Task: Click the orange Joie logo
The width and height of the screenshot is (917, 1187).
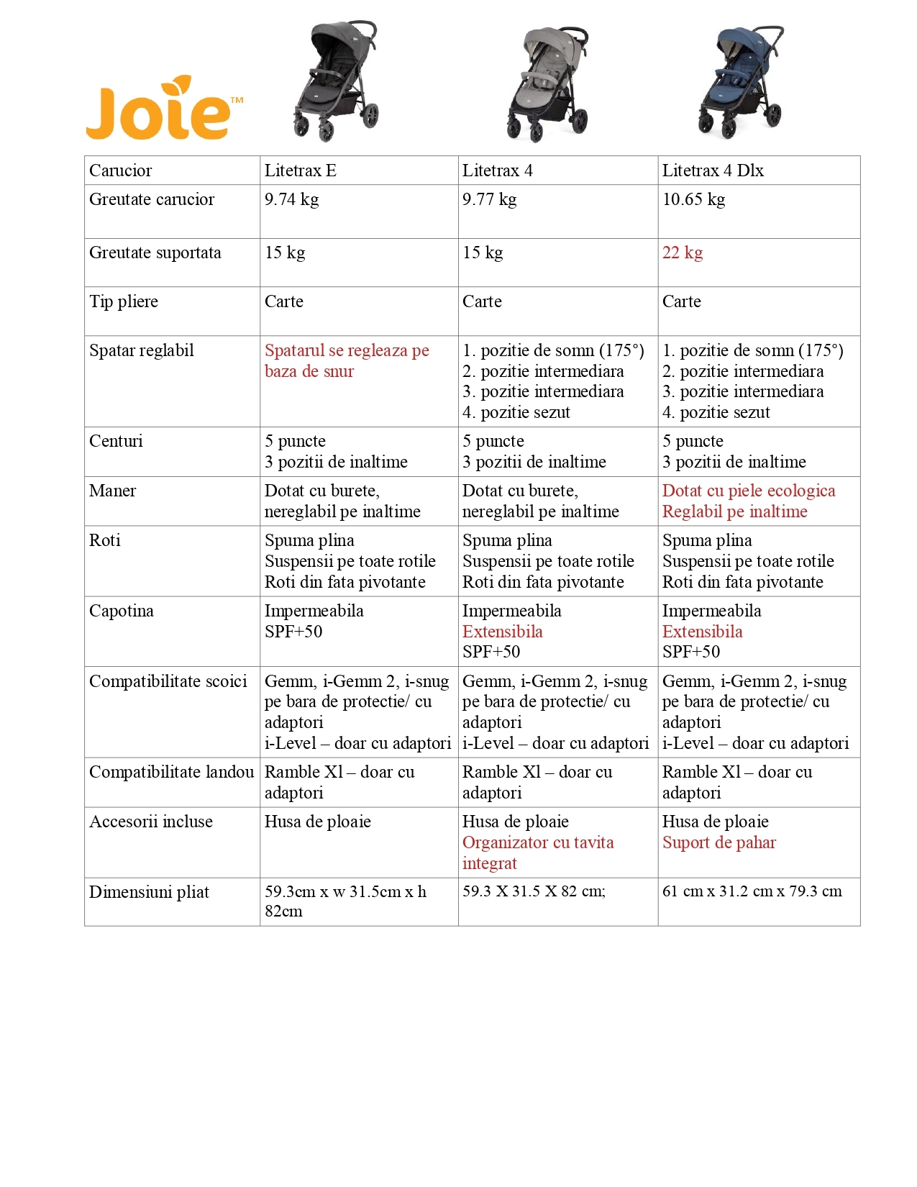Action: [164, 109]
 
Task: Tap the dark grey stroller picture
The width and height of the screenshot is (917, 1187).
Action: [336, 81]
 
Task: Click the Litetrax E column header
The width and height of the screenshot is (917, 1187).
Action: [300, 170]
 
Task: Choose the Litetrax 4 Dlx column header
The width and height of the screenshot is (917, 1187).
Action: [712, 170]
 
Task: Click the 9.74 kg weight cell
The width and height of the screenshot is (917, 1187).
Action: [291, 199]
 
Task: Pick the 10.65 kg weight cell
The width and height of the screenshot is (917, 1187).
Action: [693, 199]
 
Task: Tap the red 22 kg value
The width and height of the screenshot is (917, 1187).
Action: [682, 253]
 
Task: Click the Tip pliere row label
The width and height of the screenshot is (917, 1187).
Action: [124, 301]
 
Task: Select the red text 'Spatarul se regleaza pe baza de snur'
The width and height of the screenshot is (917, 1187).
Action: [346, 360]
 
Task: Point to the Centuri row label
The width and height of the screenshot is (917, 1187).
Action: [116, 441]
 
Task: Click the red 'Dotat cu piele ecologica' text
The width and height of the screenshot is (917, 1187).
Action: [748, 491]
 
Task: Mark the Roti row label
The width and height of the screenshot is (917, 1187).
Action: [105, 540]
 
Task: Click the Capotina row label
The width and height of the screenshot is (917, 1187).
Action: [122, 611]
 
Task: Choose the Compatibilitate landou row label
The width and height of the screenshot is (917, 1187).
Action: [171, 772]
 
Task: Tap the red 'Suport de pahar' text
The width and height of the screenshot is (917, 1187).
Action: [718, 842]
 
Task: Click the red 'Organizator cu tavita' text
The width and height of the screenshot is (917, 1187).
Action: [538, 842]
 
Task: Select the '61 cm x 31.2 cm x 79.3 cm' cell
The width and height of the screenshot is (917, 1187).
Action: [752, 891]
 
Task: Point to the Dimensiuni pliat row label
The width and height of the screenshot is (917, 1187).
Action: [149, 892]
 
